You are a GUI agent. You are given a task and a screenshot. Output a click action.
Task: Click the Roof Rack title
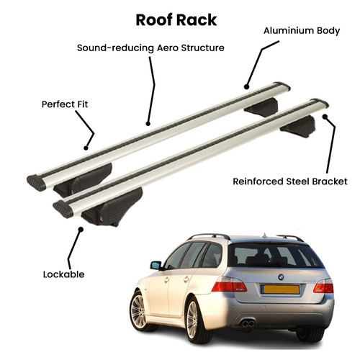click(176, 20)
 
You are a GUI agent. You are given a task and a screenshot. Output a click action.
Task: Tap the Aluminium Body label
click(302, 31)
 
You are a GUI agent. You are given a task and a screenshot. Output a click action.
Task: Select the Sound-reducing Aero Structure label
click(150, 48)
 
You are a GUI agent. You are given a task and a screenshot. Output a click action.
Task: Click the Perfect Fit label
click(65, 104)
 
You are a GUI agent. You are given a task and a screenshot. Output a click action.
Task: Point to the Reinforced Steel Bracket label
click(290, 181)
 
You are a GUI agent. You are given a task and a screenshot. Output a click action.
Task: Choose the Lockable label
click(63, 274)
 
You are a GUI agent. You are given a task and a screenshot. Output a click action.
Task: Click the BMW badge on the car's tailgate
click(281, 277)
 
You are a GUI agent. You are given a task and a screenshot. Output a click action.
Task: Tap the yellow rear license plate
click(281, 289)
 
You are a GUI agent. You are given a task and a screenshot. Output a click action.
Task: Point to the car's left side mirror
click(156, 266)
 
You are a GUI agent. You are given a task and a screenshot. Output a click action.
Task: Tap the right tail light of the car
click(324, 286)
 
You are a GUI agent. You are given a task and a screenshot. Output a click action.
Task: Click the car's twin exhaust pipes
click(248, 323)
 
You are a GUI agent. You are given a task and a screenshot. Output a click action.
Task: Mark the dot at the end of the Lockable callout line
click(81, 230)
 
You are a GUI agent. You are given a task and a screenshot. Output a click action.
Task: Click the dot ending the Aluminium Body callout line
click(246, 86)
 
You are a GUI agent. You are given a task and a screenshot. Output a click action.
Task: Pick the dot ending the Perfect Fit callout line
click(86, 148)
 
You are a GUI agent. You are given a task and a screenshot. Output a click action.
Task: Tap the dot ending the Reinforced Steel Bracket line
click(325, 117)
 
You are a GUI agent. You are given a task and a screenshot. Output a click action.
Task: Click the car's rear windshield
click(274, 255)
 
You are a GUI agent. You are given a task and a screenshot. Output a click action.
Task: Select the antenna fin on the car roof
click(264, 236)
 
